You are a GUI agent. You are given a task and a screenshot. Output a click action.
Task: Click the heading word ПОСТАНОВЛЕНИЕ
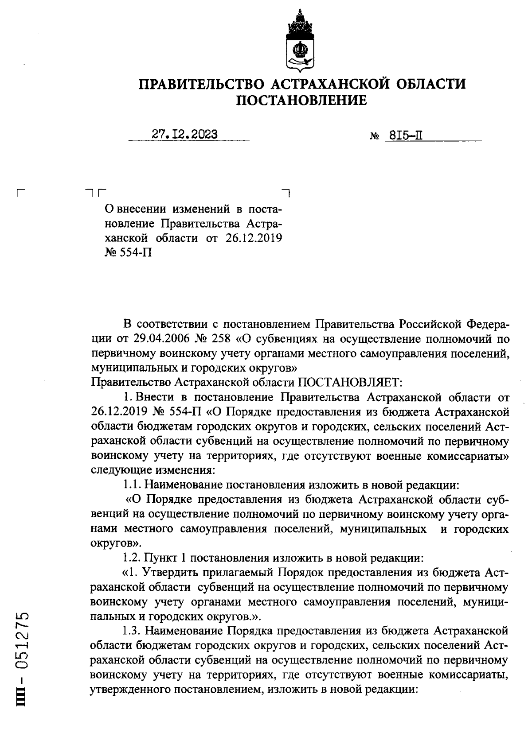coord(301,101)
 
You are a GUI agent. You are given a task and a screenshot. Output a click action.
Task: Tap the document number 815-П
coord(404,135)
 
